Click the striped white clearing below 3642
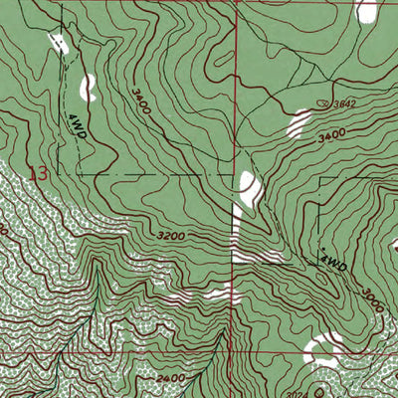(x=298, y=123)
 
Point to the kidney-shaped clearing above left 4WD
(x=89, y=87)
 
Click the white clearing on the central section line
(x=246, y=189)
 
